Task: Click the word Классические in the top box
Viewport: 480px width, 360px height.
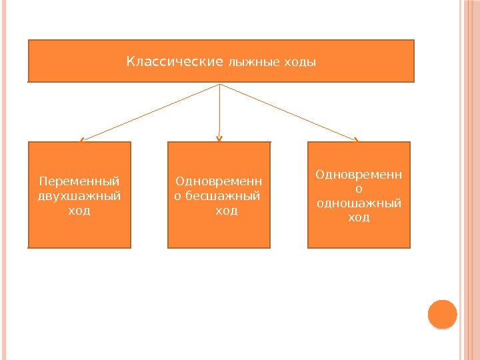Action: pyautogui.click(x=175, y=62)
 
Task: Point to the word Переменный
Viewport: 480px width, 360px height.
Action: pyautogui.click(x=79, y=181)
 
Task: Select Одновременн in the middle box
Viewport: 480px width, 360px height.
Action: pyautogui.click(x=219, y=181)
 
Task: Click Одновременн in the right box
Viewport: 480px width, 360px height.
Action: pyautogui.click(x=359, y=174)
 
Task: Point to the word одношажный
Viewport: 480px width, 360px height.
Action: pyautogui.click(x=359, y=203)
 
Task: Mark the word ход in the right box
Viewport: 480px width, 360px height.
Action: pyautogui.click(x=359, y=218)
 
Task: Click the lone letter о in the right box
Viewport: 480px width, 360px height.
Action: pyautogui.click(x=359, y=189)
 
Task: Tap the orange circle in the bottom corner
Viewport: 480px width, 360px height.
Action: pyautogui.click(x=441, y=314)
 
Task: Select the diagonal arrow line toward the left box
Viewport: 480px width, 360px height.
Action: pyautogui.click(x=150, y=112)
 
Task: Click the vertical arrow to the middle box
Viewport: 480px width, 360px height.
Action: pyautogui.click(x=220, y=112)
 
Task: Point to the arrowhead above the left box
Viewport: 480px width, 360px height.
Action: pyautogui.click(x=81, y=140)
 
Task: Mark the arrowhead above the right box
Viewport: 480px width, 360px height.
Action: pyautogui.click(x=357, y=139)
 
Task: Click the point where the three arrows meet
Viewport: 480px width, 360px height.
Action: pyautogui.click(x=220, y=84)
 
